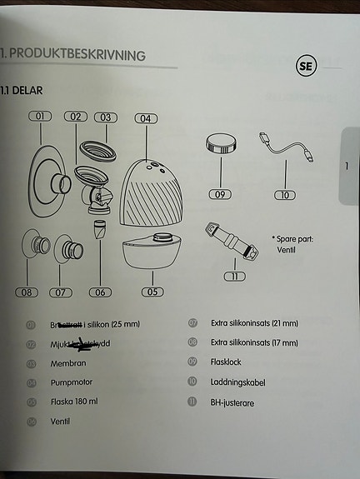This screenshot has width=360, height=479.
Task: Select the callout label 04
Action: (x=145, y=118)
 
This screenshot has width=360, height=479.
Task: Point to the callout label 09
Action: (x=221, y=194)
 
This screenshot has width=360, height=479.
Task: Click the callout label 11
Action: (x=236, y=275)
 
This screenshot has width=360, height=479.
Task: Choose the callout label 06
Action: (x=101, y=292)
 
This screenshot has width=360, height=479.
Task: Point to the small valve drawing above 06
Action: (x=99, y=231)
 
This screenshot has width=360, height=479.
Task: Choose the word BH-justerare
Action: (x=234, y=402)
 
